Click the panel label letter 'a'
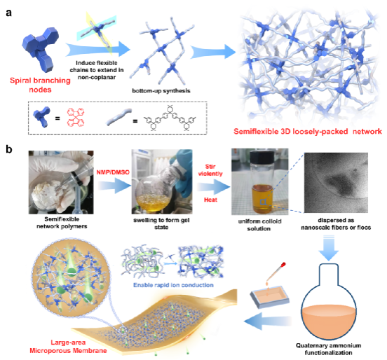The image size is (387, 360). [x=8, y=13]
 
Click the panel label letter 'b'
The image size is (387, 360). [x=9, y=149]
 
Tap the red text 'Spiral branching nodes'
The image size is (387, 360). [x=40, y=85]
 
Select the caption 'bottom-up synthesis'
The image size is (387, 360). [x=161, y=91]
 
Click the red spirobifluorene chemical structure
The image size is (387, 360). [x=76, y=118]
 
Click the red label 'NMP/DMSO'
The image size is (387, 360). [x=113, y=172]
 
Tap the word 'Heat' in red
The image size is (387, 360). [x=210, y=200]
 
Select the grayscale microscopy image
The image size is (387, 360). [x=336, y=183]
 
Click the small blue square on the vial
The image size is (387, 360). [x=264, y=202]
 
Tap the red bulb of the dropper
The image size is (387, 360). [x=283, y=265]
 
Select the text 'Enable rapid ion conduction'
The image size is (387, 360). [x=173, y=285]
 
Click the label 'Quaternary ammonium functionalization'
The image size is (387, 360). [x=329, y=349]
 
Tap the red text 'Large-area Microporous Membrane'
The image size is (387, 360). [x=68, y=347]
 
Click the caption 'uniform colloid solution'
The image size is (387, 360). [x=259, y=225]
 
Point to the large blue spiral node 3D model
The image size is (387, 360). [x=41, y=49]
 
